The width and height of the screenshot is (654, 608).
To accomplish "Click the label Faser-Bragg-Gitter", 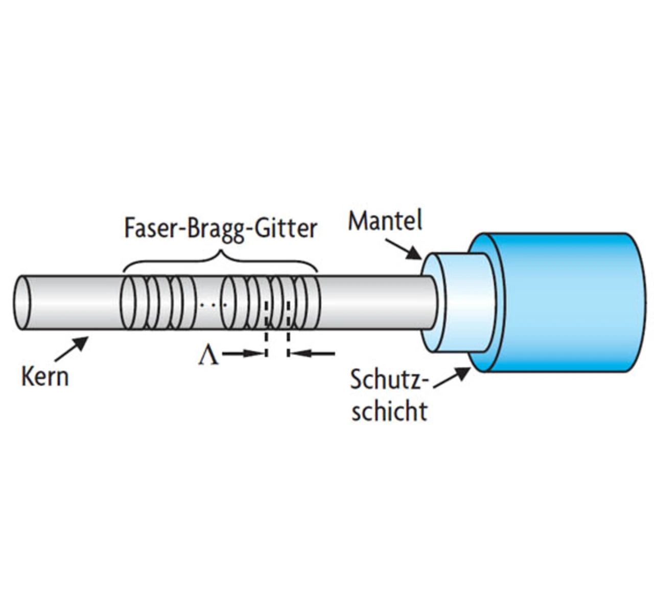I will [221, 228].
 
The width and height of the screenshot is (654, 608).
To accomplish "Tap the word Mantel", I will [385, 221].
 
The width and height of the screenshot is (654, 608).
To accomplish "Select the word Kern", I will [45, 377].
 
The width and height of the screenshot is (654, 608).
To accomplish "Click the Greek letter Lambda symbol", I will [208, 355].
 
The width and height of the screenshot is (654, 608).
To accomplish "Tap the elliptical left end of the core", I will [22, 303].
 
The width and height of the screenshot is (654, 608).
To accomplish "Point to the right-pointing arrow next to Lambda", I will [243, 353].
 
